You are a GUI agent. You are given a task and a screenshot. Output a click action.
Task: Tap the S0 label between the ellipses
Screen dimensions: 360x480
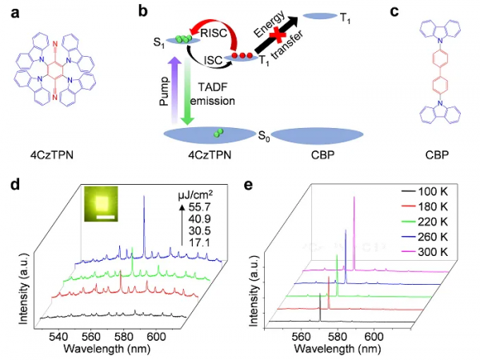coord(260,138)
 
